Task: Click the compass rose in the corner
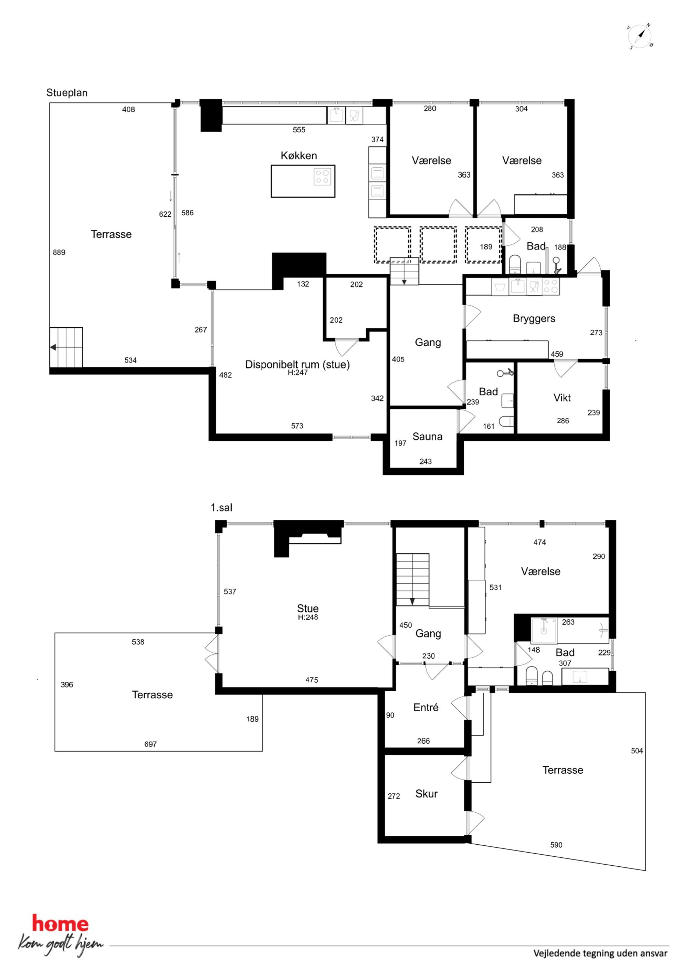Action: [x=640, y=37]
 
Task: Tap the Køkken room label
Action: [x=299, y=155]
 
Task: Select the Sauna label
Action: [x=427, y=436]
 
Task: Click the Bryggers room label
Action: [x=534, y=319]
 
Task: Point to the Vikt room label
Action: [x=562, y=398]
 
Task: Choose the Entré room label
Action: [x=426, y=707]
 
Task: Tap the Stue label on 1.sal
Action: [x=308, y=608]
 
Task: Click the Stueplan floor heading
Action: [x=67, y=93]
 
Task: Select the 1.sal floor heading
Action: [x=221, y=508]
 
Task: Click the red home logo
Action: [x=61, y=924]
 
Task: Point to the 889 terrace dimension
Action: [x=59, y=252]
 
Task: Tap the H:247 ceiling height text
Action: [x=297, y=372]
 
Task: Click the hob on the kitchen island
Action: [x=322, y=176]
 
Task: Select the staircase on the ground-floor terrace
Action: [x=66, y=347]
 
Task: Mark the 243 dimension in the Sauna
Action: [x=425, y=461]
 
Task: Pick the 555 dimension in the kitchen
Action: [x=299, y=130]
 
